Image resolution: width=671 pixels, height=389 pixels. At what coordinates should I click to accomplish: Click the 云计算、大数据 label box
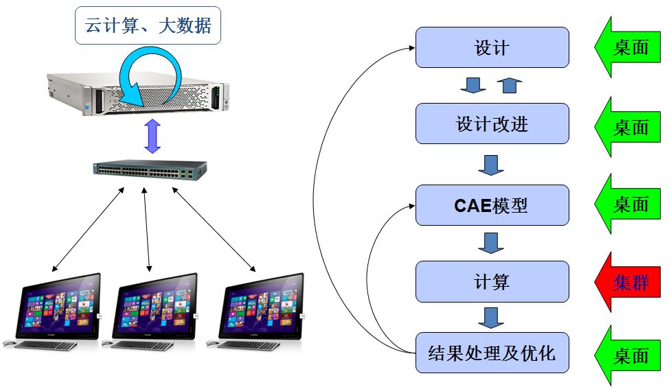click(148, 27)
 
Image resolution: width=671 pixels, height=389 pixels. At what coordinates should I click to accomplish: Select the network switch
click(151, 170)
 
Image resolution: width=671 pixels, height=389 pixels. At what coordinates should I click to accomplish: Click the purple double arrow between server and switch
click(152, 137)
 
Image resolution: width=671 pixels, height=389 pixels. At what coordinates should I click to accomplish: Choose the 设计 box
click(492, 47)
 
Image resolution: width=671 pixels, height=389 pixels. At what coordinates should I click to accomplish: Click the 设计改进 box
click(492, 123)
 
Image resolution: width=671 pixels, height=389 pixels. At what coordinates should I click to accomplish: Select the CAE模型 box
click(492, 204)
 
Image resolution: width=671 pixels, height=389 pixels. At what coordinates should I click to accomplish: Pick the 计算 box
click(492, 281)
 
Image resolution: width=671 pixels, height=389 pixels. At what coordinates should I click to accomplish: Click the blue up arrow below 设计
click(509, 85)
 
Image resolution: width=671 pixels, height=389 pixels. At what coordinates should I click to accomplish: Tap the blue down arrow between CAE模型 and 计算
click(490, 242)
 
